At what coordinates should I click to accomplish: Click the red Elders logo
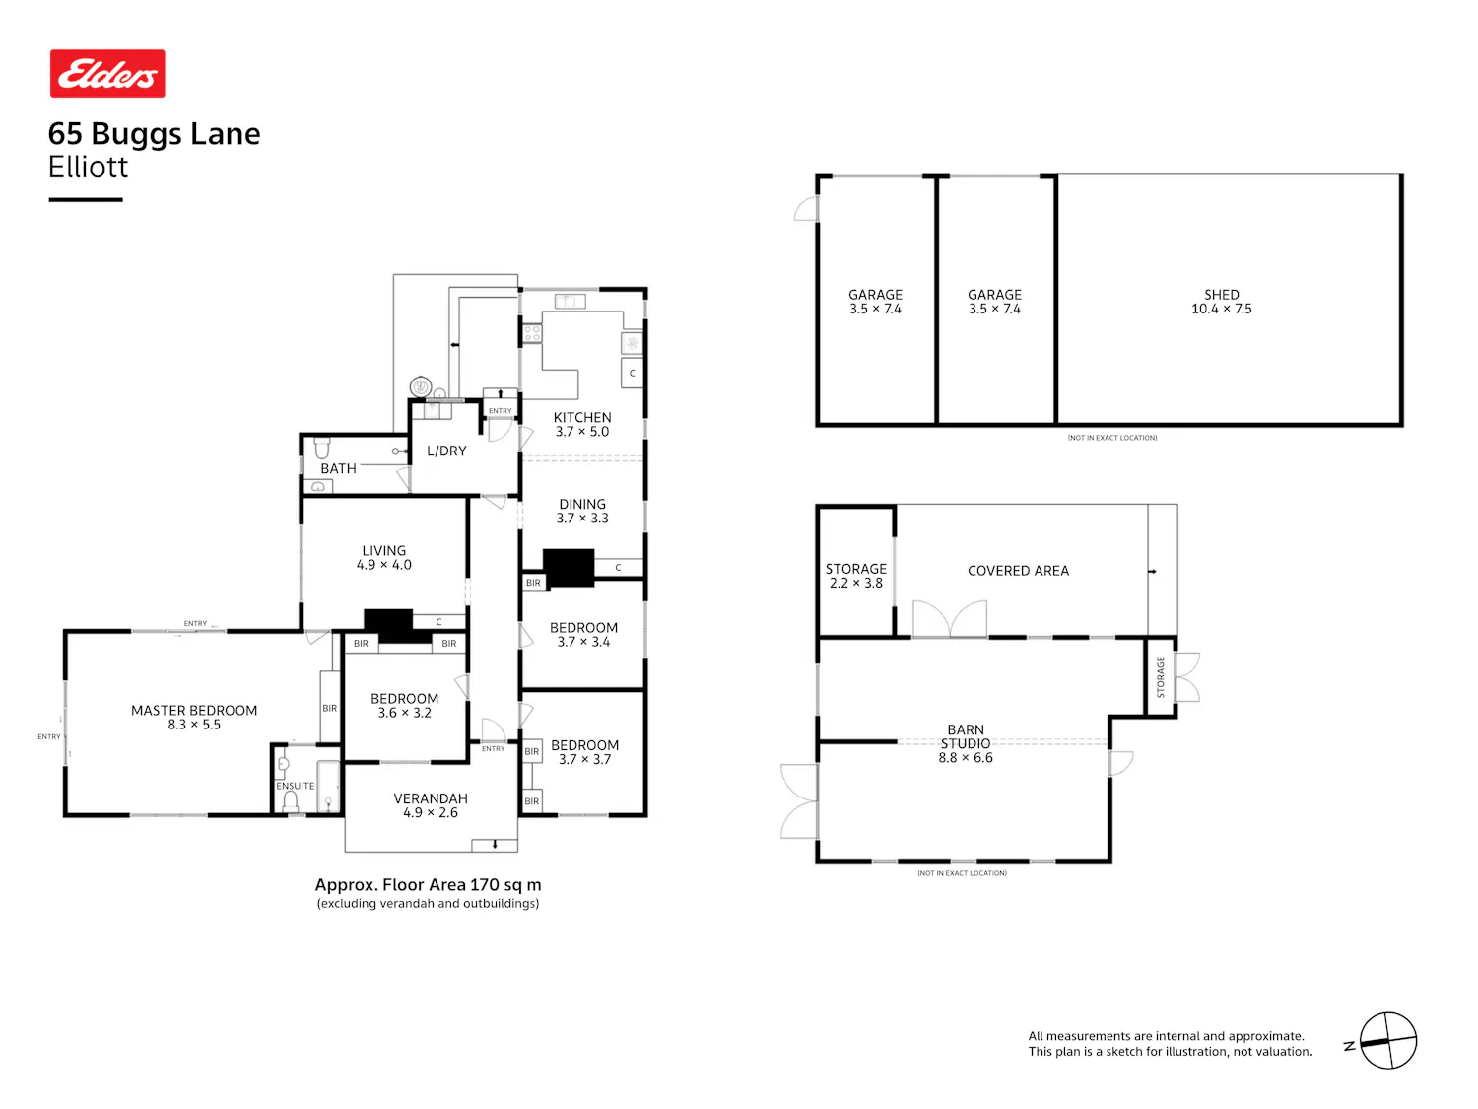[107, 73]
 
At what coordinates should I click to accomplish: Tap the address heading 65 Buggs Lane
[154, 133]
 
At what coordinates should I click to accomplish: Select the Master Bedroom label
[194, 717]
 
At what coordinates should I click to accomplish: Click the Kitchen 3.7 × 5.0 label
[582, 424]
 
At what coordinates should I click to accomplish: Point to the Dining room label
[582, 511]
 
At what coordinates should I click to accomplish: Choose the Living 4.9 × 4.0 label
[384, 557]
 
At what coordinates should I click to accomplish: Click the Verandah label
[431, 804]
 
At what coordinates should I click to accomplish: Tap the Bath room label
[338, 468]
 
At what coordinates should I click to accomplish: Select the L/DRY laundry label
[446, 451]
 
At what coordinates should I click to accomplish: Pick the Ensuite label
[295, 785]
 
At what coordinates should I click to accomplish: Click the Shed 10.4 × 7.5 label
[1221, 301]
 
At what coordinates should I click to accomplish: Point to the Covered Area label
[1018, 571]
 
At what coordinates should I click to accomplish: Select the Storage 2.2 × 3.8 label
[855, 575]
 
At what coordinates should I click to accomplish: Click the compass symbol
[1387, 1040]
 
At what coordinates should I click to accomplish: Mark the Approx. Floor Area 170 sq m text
[428, 884]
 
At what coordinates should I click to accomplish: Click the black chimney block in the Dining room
[569, 567]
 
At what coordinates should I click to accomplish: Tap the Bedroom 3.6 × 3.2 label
[404, 705]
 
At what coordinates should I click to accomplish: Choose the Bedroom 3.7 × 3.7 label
[583, 751]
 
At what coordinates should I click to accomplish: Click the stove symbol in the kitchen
[532, 332]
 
